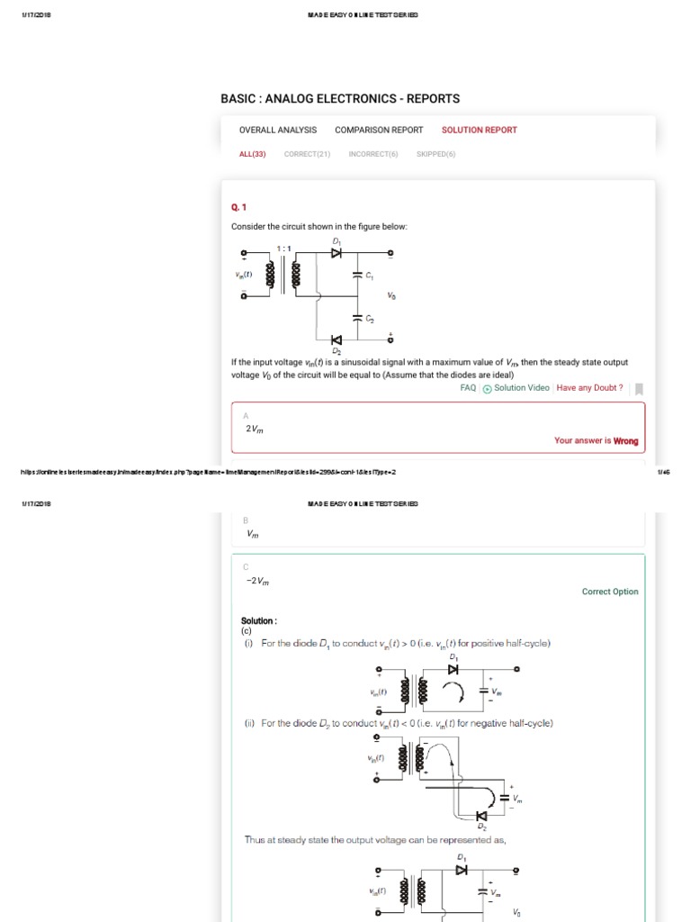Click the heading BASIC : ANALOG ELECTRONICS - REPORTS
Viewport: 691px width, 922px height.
pos(340,98)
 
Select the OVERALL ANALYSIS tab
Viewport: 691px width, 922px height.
pos(278,130)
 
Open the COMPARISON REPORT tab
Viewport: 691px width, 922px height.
pos(379,130)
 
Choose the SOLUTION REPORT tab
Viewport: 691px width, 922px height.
pos(479,130)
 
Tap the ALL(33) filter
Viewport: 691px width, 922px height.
pos(252,154)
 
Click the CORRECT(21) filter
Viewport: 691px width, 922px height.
pos(307,154)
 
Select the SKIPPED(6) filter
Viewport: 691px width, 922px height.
pos(435,154)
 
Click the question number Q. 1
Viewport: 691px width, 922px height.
pos(238,205)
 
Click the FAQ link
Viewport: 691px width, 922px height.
pos(468,388)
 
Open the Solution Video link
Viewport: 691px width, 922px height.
pos(521,388)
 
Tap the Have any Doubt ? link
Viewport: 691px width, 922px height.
pos(589,388)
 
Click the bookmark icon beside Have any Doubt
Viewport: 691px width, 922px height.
pos(639,389)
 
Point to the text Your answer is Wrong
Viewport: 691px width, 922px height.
pos(596,441)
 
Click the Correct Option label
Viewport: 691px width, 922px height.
pos(610,592)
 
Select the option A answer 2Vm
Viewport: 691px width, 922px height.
pos(256,429)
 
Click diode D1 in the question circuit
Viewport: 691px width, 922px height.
pos(337,253)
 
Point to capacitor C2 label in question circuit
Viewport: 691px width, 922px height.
pos(369,320)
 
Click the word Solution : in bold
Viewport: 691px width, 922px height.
pos(259,621)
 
